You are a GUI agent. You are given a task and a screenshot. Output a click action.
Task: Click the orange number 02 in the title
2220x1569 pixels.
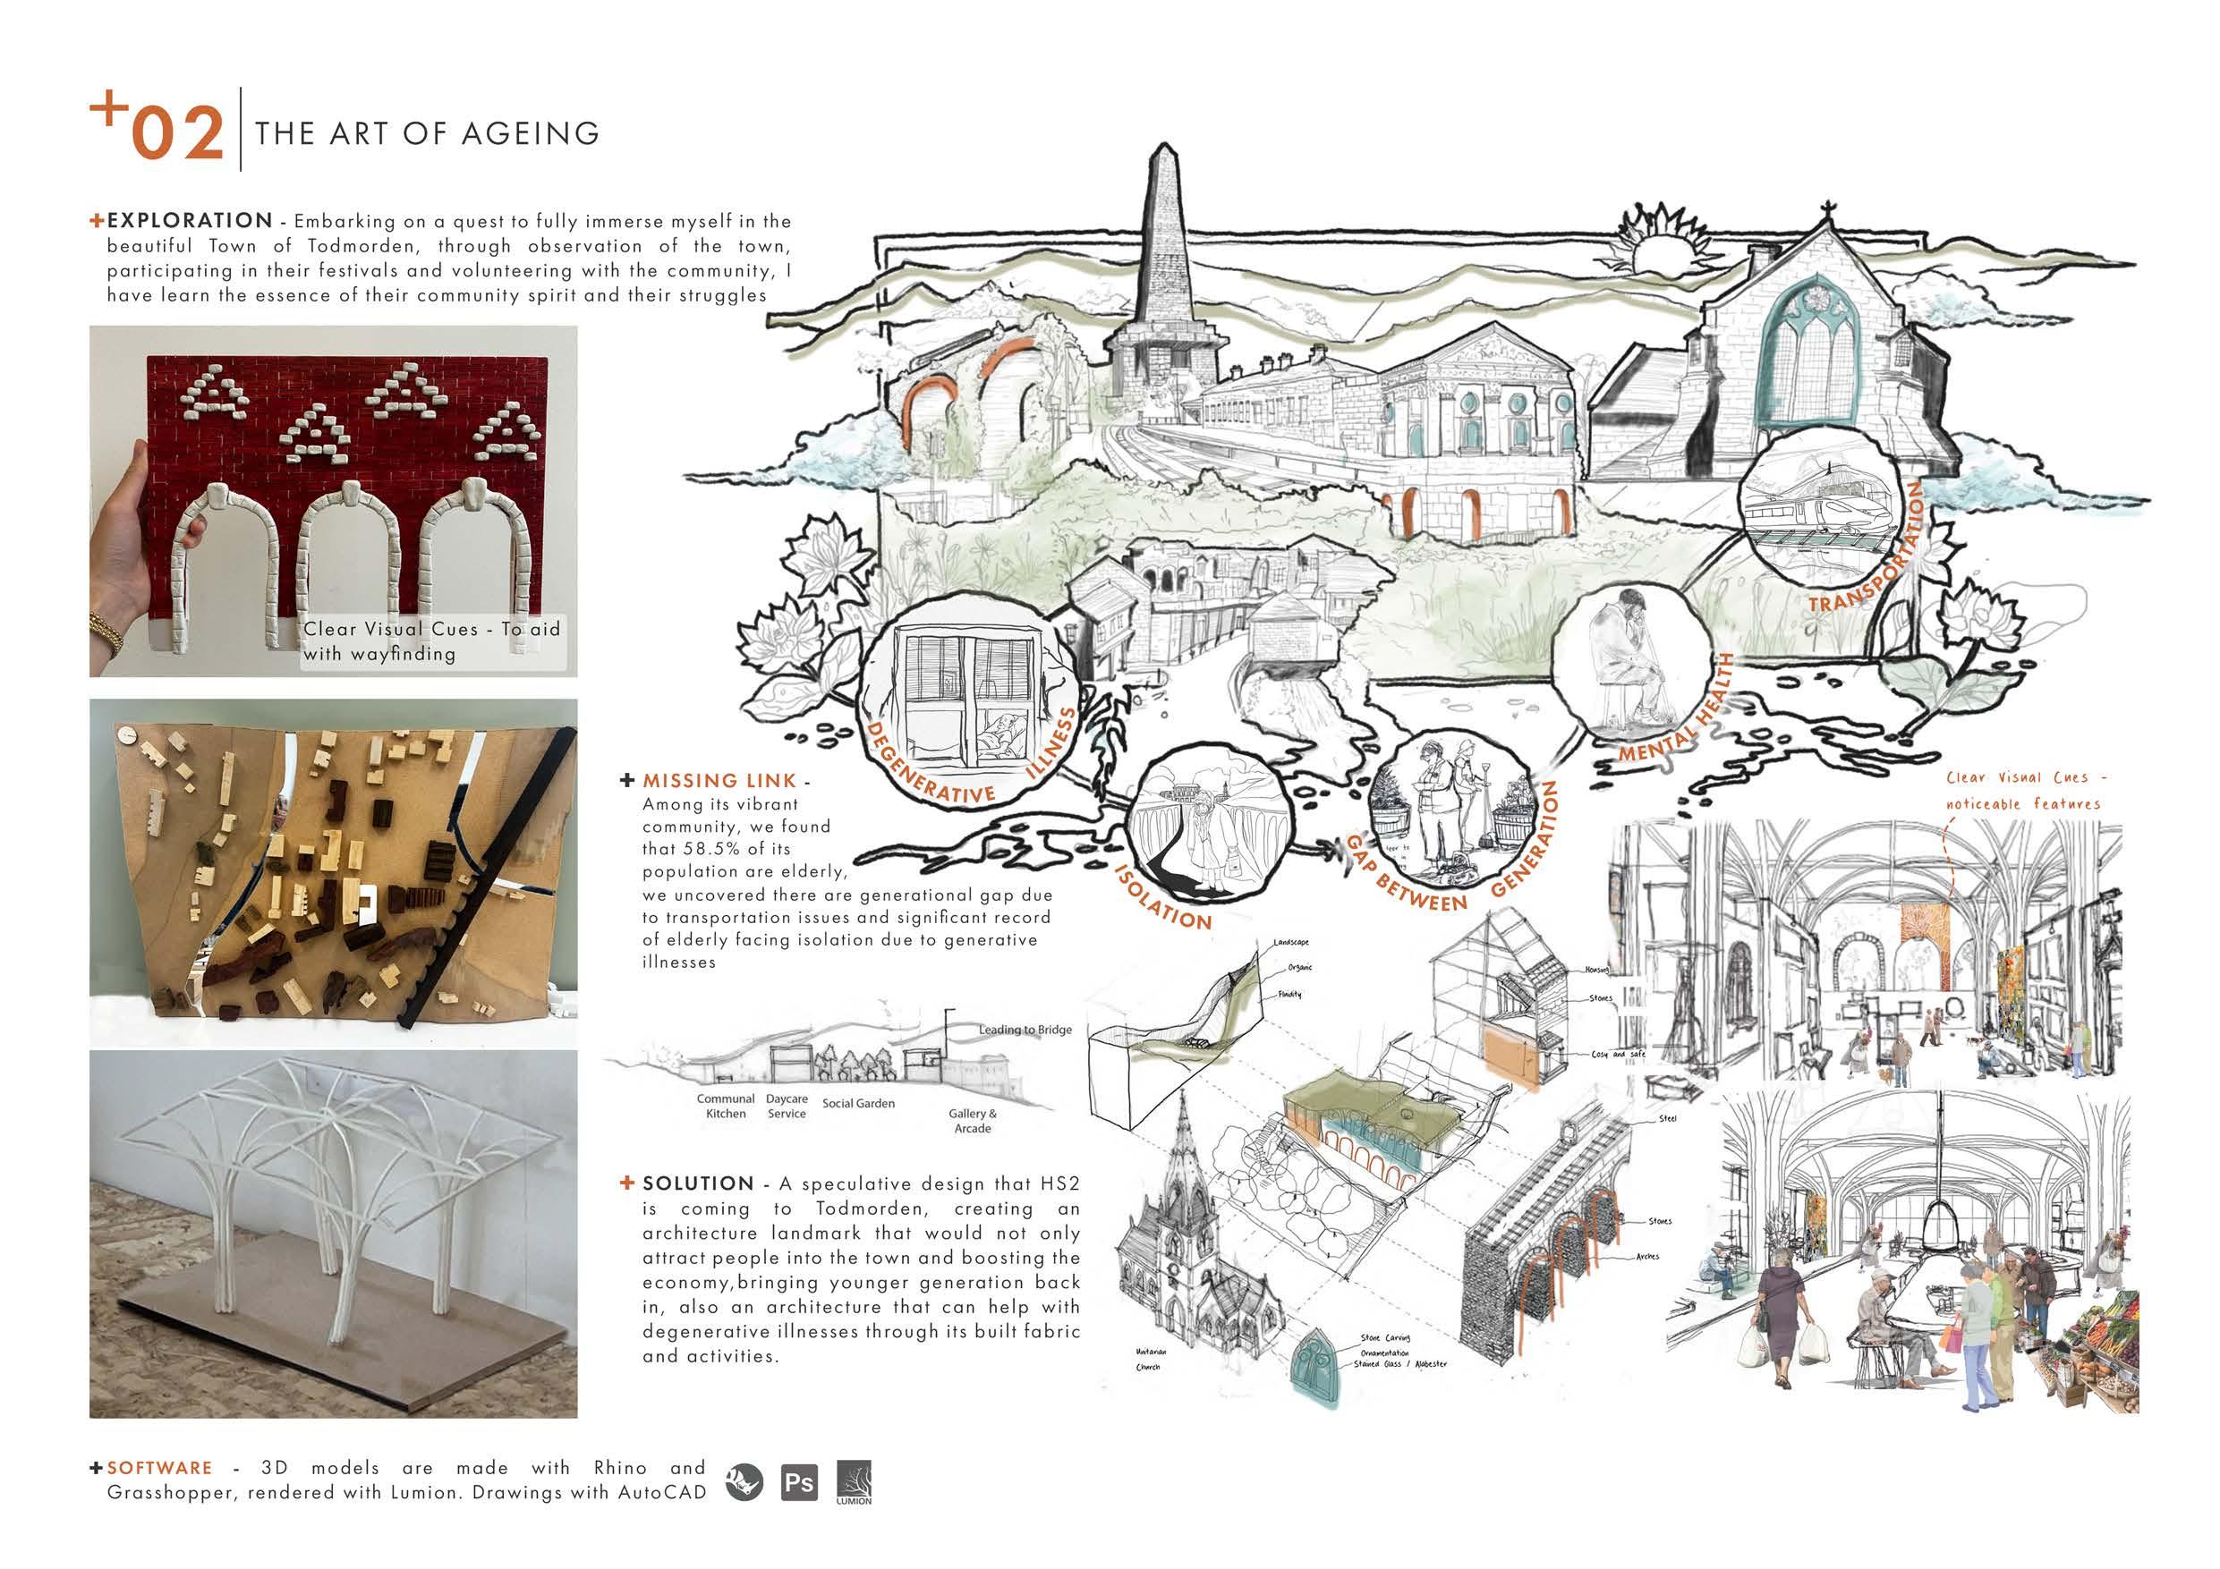click(x=178, y=133)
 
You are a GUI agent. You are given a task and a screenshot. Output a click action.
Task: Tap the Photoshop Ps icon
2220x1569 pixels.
click(x=799, y=1482)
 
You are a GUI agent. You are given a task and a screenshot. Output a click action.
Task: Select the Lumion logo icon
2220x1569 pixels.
click(x=854, y=1482)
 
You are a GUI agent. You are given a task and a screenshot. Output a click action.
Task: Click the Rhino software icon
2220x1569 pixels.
click(x=744, y=1482)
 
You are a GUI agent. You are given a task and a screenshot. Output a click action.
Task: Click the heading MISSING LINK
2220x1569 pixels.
click(x=719, y=780)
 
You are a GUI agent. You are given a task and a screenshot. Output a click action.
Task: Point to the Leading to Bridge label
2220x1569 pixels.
click(x=1024, y=1030)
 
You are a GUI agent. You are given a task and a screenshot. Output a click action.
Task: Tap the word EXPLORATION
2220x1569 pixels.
click(x=190, y=220)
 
